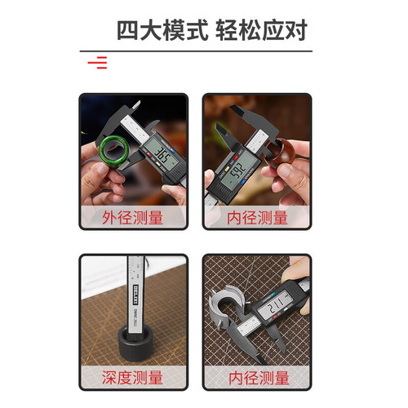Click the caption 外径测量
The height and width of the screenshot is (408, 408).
(133, 218)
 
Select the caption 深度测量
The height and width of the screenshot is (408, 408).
(133, 378)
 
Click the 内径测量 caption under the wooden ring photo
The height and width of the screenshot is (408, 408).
(257, 218)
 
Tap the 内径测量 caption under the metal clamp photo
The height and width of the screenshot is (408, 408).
(257, 378)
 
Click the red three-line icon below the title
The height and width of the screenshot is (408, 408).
(98, 62)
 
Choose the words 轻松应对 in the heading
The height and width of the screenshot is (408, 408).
(262, 30)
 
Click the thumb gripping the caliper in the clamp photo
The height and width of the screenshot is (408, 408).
(299, 269)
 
